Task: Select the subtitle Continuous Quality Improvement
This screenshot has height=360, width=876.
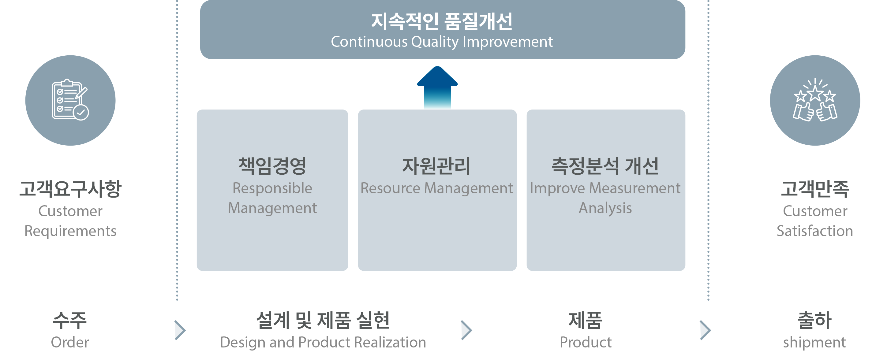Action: tap(441, 42)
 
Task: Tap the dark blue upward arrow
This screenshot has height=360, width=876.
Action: tap(437, 87)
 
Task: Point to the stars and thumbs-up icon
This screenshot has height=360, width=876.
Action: tap(815, 100)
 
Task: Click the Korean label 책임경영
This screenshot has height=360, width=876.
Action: tap(272, 166)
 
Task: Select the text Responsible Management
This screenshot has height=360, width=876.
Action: tap(272, 198)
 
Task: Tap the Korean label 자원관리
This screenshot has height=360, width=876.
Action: tap(436, 166)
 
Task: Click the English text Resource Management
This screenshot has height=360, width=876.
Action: tap(436, 188)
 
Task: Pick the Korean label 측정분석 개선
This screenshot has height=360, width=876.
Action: tap(605, 166)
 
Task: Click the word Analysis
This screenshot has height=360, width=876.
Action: tap(605, 208)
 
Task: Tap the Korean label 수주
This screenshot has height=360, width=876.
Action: tap(70, 320)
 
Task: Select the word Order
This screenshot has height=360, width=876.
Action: tap(70, 342)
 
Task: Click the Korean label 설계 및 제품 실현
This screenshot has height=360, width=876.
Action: tap(323, 320)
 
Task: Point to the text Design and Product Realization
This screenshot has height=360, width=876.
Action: tap(323, 342)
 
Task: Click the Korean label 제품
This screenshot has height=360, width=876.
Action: tap(585, 320)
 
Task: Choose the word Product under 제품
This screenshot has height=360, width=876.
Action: tap(585, 342)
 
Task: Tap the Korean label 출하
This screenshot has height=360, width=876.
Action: tap(814, 320)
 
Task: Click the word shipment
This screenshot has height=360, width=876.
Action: tap(814, 342)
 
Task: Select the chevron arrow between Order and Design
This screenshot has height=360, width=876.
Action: tap(180, 330)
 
